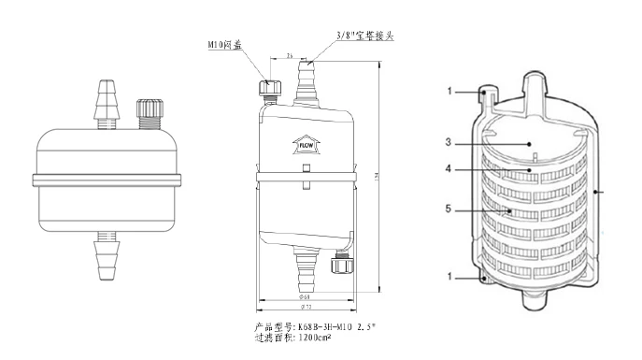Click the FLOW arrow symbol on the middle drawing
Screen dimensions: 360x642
point(305,144)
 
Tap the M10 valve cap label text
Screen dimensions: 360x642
point(225,45)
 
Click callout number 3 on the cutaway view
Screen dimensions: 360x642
point(449,143)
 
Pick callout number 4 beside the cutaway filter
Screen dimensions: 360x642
point(449,169)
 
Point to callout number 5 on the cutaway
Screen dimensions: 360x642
point(449,209)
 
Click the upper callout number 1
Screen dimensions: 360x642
point(450,92)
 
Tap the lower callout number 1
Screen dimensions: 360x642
point(450,278)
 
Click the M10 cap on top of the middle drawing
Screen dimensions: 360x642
point(271,89)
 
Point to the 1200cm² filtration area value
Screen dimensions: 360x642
point(314,337)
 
